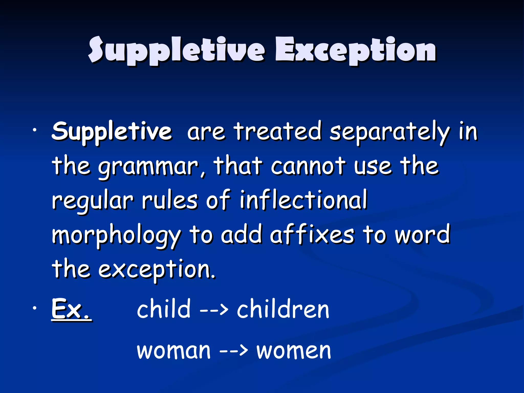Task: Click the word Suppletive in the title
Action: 177,50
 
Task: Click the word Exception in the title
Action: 356,50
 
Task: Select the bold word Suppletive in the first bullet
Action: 112,132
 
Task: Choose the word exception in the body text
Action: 157,270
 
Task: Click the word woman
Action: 174,351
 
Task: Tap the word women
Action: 294,351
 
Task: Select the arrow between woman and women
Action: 234,351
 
